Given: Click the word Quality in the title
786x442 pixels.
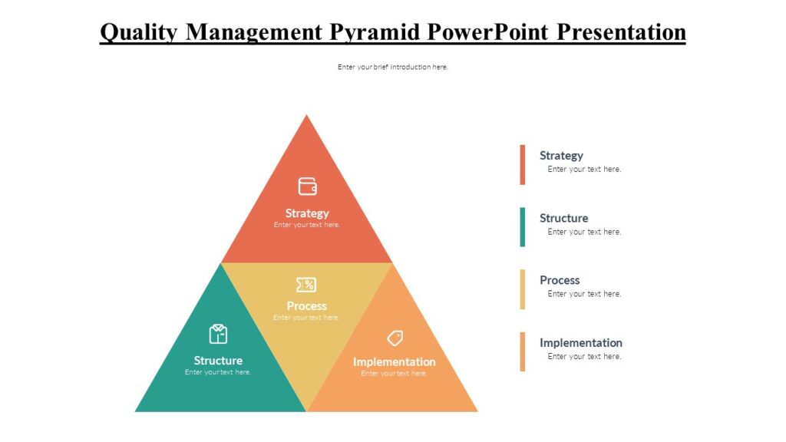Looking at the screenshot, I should tap(139, 32).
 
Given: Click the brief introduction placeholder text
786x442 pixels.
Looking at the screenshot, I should tap(392, 67).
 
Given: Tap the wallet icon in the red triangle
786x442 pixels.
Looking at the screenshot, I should tap(307, 186).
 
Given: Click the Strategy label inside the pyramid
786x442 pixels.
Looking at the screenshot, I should tap(307, 213).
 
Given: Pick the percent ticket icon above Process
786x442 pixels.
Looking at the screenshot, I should tap(306, 285).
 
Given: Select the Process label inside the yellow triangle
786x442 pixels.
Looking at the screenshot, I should tap(306, 305).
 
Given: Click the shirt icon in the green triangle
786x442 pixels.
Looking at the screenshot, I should tap(218, 334).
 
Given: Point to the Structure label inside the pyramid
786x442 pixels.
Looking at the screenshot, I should tap(218, 361).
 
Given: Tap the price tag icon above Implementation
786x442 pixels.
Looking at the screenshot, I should tap(395, 338).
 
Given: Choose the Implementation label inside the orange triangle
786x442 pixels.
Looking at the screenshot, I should tap(394, 361).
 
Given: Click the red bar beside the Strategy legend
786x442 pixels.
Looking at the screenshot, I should tap(523, 164).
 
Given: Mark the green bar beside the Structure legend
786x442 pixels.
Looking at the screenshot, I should tap(523, 226).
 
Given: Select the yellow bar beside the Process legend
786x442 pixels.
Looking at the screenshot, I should tap(523, 289).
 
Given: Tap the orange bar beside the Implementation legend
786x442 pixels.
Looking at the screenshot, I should tap(523, 351).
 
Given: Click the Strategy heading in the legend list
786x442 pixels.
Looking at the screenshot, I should tap(561, 156).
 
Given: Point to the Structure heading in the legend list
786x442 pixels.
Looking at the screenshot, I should tap(563, 218).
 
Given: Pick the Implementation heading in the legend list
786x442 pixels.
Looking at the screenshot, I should tap(580, 342).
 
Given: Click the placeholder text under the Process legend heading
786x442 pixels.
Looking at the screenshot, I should tap(584, 294).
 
